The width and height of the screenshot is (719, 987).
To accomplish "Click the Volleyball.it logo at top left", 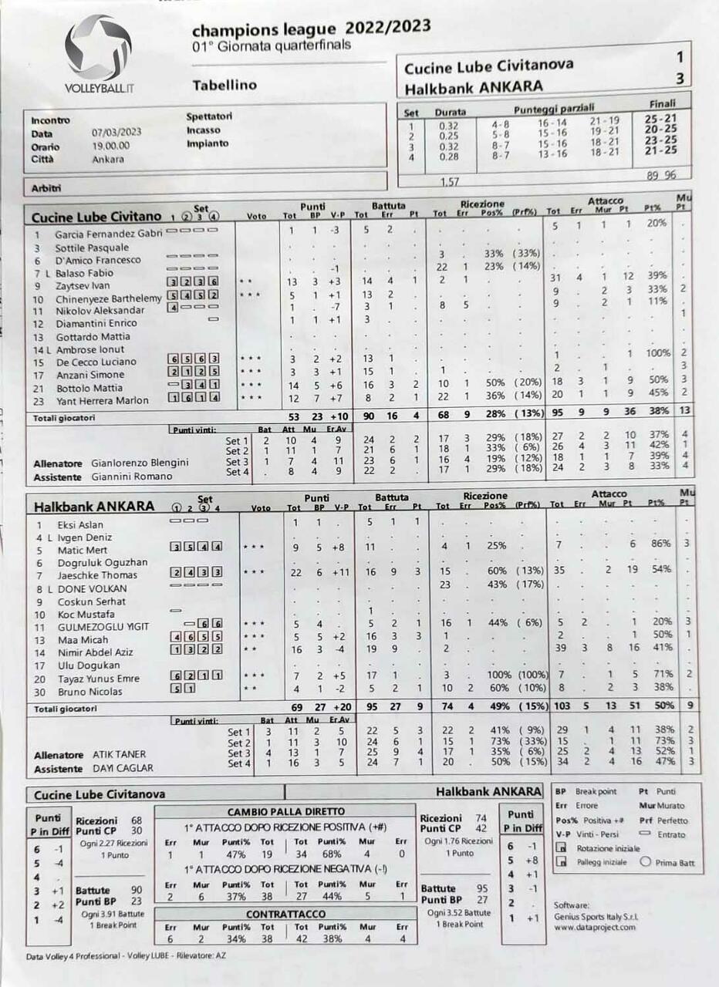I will click(98, 54).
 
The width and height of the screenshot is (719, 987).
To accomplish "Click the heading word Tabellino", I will click(224, 85).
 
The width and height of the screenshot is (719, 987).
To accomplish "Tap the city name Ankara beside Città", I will click(107, 160).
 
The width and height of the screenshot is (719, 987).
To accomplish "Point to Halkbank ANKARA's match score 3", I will click(679, 79).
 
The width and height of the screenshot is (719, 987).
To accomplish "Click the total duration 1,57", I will click(449, 182).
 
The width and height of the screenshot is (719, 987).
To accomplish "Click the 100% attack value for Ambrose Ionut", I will click(657, 353).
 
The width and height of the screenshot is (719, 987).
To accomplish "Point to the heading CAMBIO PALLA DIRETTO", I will click(286, 812).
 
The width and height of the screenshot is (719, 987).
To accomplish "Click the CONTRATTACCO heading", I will click(285, 915).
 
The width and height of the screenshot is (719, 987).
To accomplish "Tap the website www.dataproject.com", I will click(595, 927).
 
